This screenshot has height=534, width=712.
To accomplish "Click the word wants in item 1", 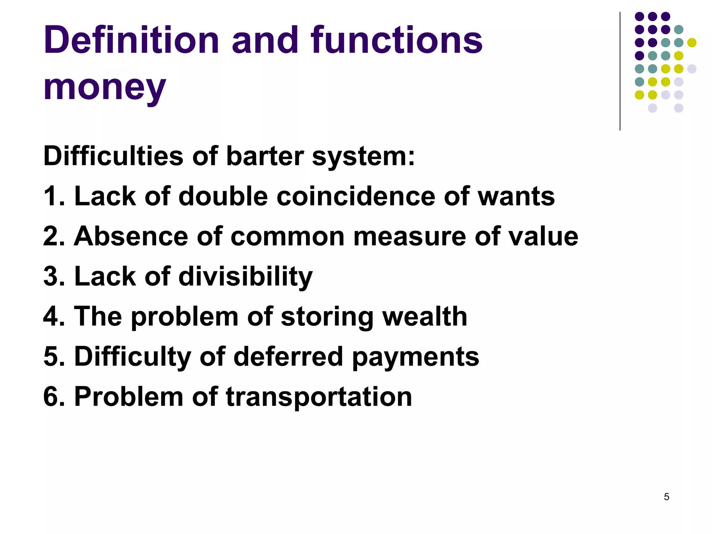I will pos(516,196).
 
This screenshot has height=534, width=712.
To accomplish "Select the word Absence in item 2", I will pos(130,236).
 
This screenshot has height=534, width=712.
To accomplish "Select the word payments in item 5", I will pos(415,357).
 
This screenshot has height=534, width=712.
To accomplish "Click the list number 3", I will pos(51,277).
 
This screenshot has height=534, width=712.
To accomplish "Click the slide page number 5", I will pos(666,497).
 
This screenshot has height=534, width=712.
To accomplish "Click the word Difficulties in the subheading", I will pos(113,156).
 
